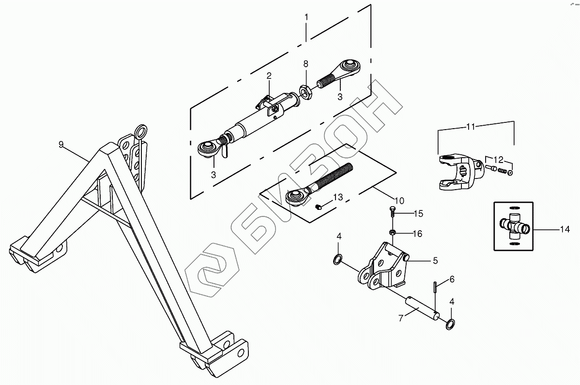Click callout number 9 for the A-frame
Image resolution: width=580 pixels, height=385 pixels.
[x=61, y=144]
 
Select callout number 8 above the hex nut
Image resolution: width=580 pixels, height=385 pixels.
[x=305, y=64]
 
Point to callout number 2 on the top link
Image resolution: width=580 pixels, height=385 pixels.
[x=269, y=75]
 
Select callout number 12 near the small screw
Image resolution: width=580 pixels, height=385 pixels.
[x=498, y=159]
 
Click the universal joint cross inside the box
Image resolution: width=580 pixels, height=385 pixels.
[x=513, y=225]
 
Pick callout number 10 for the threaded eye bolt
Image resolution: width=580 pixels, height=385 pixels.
[x=399, y=200]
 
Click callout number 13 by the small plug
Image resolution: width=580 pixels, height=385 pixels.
[x=337, y=197]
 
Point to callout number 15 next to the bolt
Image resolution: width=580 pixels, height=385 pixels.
[x=418, y=213]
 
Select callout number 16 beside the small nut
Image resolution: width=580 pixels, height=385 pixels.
[x=417, y=234]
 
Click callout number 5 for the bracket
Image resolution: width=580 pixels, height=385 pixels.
[x=435, y=261]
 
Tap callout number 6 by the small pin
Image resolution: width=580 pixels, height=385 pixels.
[x=452, y=279]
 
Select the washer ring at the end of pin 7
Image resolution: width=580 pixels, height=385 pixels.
[x=450, y=324]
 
